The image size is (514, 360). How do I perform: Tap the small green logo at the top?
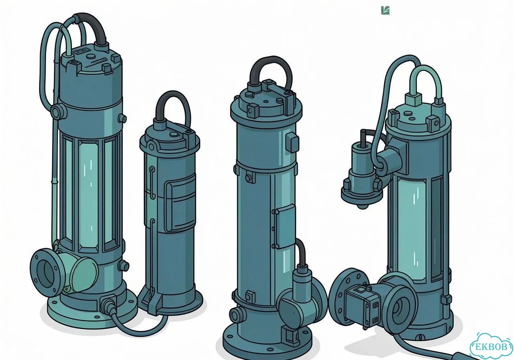(385, 10)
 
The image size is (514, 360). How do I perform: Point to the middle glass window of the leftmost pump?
(88, 195)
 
